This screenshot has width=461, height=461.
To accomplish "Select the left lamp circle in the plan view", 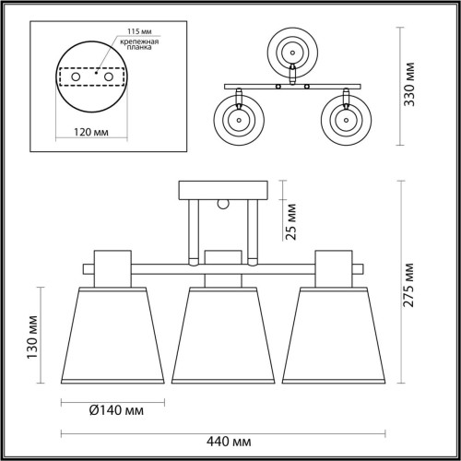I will tap(239, 120).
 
